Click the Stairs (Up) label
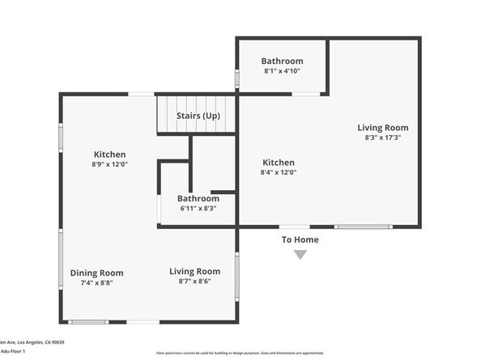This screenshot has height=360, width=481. click(x=198, y=116)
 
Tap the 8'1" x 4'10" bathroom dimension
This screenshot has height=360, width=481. click(x=282, y=72)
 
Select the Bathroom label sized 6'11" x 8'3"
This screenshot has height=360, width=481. click(x=198, y=198)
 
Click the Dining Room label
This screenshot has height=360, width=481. click(x=96, y=273)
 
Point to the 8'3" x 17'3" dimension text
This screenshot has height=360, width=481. click(x=383, y=138)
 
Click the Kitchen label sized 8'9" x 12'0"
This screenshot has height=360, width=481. click(x=109, y=154)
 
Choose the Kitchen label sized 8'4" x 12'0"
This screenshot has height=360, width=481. click(x=278, y=162)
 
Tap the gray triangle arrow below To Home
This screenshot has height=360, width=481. click(x=300, y=255)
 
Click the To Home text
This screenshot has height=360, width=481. click(x=300, y=239)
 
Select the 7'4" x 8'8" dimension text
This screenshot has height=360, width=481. click(x=96, y=283)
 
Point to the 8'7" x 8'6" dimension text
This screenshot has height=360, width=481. click(x=194, y=282)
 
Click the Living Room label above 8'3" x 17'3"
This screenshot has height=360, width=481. click(x=383, y=127)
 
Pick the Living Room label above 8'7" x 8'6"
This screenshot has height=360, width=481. click(x=194, y=271)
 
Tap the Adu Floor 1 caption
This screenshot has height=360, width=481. click(x=13, y=351)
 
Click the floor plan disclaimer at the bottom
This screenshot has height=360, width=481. click(x=240, y=354)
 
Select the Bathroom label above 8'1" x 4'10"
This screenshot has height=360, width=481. click(x=282, y=61)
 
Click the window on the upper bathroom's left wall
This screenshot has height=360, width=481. click(x=236, y=78)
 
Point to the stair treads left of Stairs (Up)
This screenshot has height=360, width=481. click(x=166, y=113)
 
